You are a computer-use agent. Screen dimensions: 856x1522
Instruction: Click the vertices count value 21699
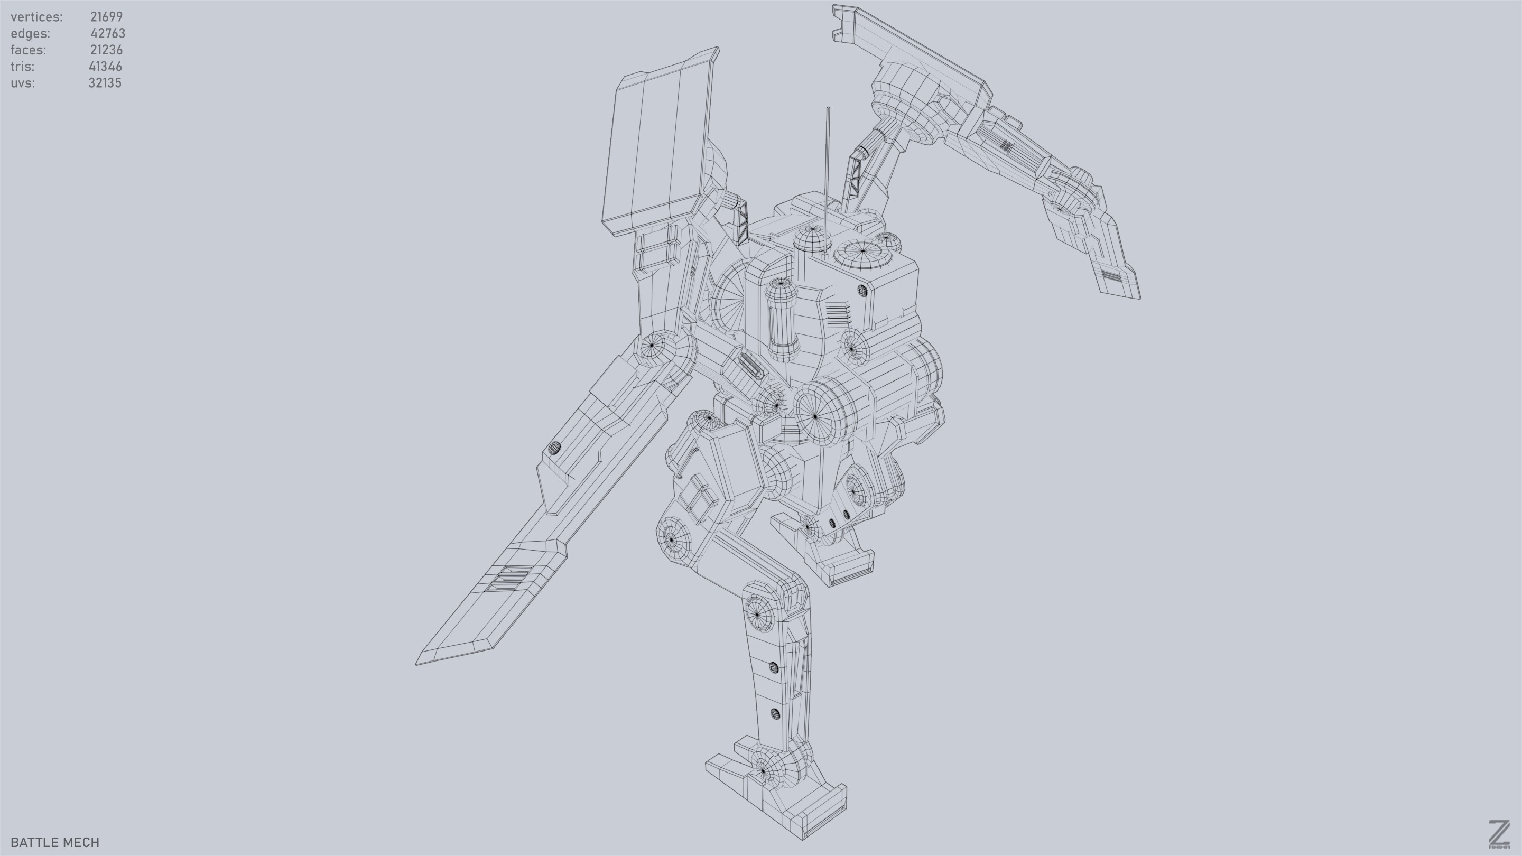(106, 17)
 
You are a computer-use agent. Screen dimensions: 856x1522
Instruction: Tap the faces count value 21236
(106, 50)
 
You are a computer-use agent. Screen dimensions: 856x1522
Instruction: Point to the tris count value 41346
(105, 67)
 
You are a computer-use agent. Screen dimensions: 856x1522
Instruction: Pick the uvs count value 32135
(105, 83)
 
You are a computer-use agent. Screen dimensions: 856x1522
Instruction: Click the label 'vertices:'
(36, 17)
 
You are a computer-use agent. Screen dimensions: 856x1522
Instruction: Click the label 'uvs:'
(22, 83)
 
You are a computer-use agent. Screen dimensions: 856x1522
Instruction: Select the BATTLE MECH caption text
(55, 842)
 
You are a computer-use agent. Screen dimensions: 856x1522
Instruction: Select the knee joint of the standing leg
(757, 615)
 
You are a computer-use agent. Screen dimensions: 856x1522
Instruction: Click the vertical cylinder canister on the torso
(782, 319)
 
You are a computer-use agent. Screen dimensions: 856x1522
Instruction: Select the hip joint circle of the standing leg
(672, 539)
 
